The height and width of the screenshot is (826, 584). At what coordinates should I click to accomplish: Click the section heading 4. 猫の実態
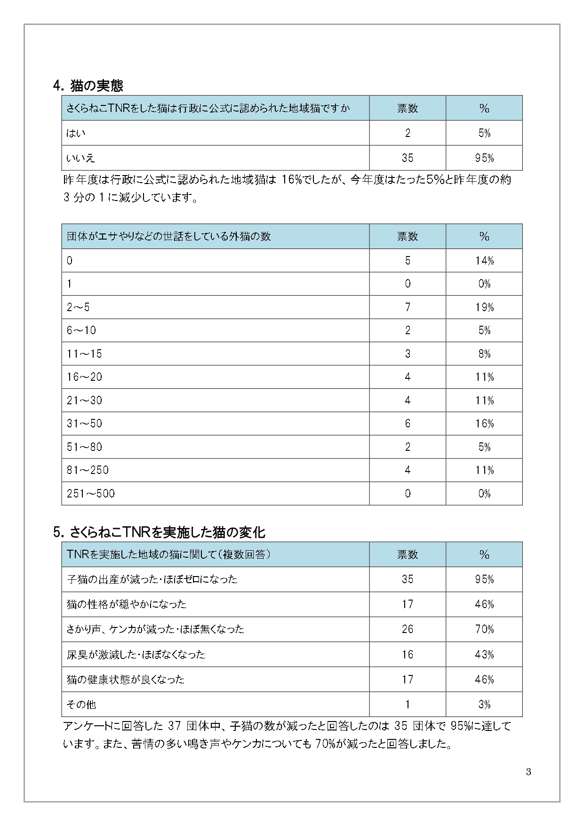click(x=88, y=86)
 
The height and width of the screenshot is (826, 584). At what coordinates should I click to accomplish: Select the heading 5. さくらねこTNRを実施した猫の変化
click(x=160, y=532)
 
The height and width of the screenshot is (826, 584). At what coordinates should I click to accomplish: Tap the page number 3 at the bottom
click(x=528, y=771)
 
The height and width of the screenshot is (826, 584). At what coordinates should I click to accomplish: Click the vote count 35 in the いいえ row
click(x=408, y=158)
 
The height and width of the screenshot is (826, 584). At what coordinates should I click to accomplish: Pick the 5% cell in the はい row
click(x=484, y=133)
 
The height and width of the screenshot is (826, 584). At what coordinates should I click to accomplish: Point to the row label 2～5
click(x=78, y=307)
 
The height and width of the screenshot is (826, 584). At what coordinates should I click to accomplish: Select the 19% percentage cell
click(x=484, y=307)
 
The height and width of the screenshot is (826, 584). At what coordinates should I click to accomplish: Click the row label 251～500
click(x=91, y=493)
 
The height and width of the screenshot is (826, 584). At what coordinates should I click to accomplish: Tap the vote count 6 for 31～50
click(x=408, y=424)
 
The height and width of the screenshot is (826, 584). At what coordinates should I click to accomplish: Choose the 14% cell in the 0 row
click(x=484, y=261)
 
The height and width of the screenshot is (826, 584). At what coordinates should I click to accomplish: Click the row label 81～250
click(x=88, y=470)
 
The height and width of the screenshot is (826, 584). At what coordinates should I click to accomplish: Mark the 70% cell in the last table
click(x=484, y=629)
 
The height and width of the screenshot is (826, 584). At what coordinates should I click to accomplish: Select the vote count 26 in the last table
click(x=408, y=629)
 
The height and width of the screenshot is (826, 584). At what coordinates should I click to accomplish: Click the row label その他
click(x=81, y=704)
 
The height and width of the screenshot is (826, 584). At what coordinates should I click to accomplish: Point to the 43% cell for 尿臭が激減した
click(x=484, y=654)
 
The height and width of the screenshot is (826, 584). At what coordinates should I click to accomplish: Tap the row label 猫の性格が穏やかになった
click(x=127, y=604)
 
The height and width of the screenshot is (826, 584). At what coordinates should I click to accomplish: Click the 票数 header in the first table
click(x=408, y=108)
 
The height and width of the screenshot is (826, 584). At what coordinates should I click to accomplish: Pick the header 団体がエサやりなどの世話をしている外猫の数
click(x=169, y=236)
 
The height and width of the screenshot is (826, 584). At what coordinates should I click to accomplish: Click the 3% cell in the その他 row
click(x=484, y=704)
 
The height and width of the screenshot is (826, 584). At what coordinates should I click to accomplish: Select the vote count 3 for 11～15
click(x=408, y=354)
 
